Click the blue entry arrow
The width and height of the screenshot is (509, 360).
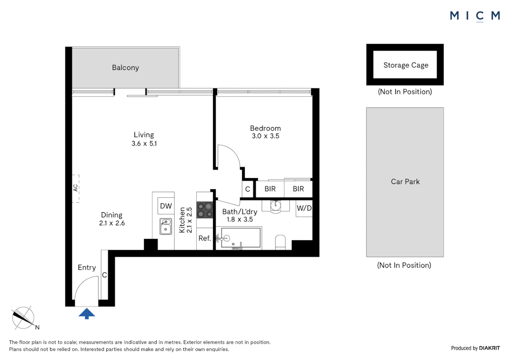(x=87, y=314)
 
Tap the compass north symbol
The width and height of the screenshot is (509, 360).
(x=23, y=318)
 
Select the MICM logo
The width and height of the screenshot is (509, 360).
(x=474, y=16)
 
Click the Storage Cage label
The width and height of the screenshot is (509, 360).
(x=405, y=65)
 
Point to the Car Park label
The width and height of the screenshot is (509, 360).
(x=405, y=182)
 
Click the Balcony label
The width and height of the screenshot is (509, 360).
(x=125, y=68)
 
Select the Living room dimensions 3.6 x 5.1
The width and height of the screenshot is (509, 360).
(x=144, y=144)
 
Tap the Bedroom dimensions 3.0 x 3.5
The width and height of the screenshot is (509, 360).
(x=265, y=136)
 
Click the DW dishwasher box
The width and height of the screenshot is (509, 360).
(x=166, y=206)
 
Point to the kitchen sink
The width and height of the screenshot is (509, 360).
(x=166, y=226)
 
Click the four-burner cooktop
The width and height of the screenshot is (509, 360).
(x=205, y=210)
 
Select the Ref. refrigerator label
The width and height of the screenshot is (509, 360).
(x=205, y=238)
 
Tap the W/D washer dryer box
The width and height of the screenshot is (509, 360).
(x=304, y=208)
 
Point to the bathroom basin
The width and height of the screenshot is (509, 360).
(x=275, y=205)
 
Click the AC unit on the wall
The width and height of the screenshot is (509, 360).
(x=76, y=188)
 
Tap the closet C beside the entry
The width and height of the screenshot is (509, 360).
(x=104, y=275)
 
